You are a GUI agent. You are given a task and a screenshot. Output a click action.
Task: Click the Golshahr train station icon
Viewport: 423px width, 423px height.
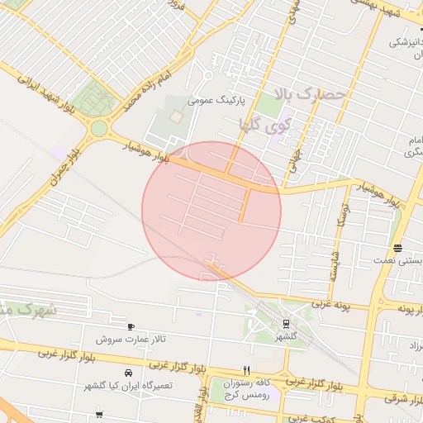coord(286,324)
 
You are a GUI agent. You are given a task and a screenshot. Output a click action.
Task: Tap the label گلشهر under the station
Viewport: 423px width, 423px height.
coord(286,336)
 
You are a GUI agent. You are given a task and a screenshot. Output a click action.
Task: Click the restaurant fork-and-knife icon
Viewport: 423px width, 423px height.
coord(245,370)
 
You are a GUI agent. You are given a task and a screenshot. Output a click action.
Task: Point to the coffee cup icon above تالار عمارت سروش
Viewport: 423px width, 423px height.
coord(131,327)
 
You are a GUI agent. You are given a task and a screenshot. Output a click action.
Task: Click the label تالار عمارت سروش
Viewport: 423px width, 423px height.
coord(131,340)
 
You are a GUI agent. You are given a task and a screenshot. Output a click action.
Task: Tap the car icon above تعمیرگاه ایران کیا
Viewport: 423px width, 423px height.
coord(126,373)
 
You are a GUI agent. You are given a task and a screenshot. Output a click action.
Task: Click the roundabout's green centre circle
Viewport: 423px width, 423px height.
coord(99,129)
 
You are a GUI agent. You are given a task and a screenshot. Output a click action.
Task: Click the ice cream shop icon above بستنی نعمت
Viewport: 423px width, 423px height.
coord(398,248)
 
